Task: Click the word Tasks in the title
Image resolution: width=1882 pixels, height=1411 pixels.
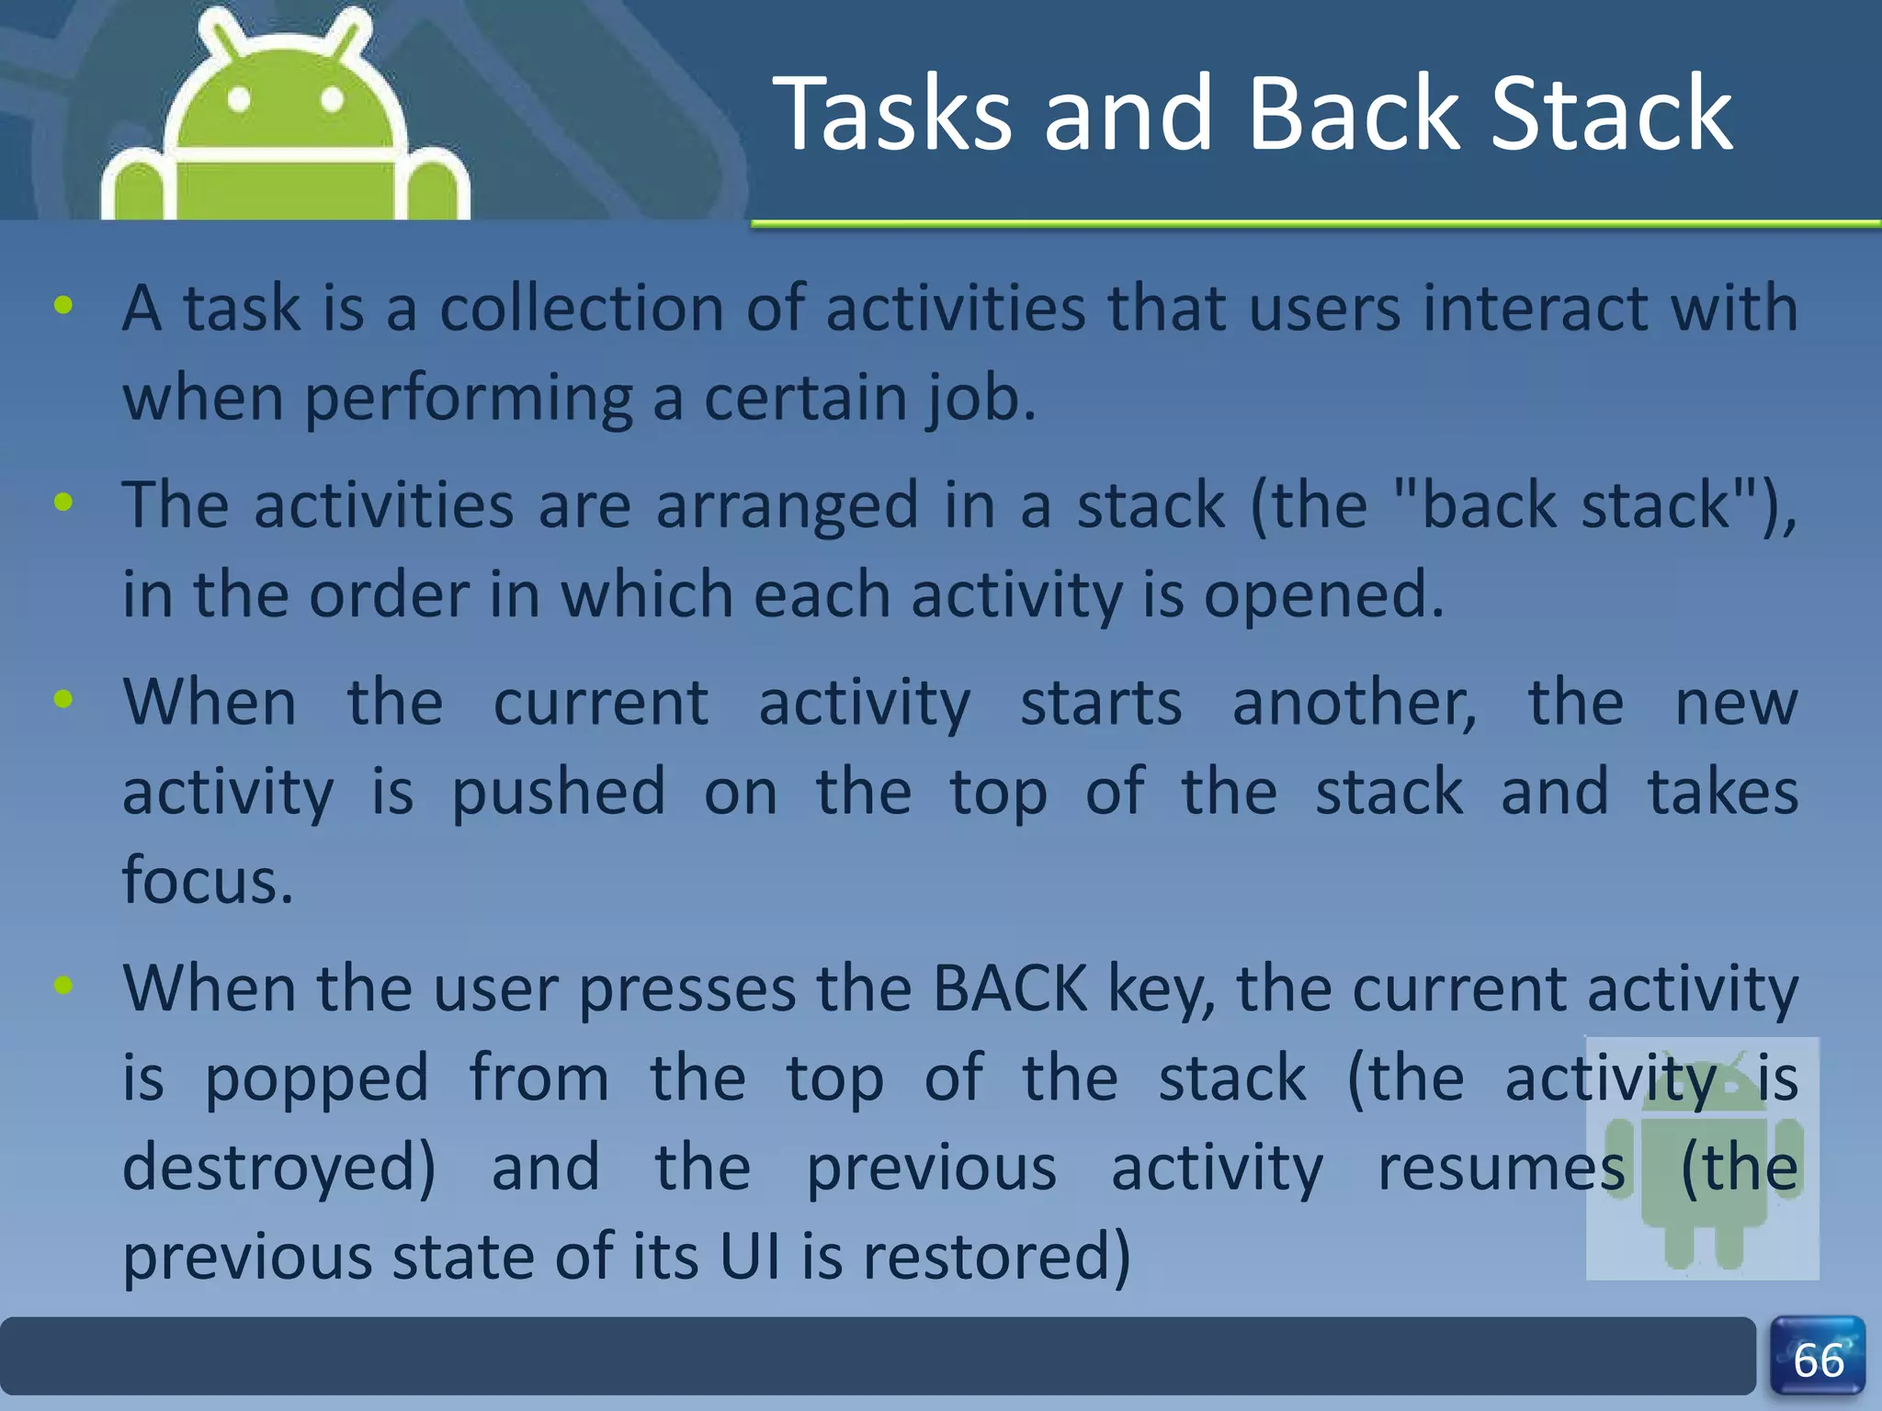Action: point(891,115)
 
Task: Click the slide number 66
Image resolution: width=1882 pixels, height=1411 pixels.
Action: point(1818,1360)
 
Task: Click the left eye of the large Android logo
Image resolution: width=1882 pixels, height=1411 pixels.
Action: point(239,99)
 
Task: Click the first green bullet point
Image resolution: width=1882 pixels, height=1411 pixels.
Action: point(63,306)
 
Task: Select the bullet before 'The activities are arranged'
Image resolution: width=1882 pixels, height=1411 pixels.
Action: point(63,502)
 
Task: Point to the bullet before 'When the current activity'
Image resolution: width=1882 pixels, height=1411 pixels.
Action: point(63,699)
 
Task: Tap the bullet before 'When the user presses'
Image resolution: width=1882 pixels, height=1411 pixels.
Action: point(63,986)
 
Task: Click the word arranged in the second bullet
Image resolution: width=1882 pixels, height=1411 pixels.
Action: point(787,505)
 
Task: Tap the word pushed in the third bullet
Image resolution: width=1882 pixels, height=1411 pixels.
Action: point(558,792)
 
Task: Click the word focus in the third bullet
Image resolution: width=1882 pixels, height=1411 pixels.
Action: point(207,880)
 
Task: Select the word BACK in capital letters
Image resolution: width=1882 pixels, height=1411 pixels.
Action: point(1009,989)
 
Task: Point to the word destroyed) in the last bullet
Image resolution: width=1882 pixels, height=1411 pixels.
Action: point(279,1168)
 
